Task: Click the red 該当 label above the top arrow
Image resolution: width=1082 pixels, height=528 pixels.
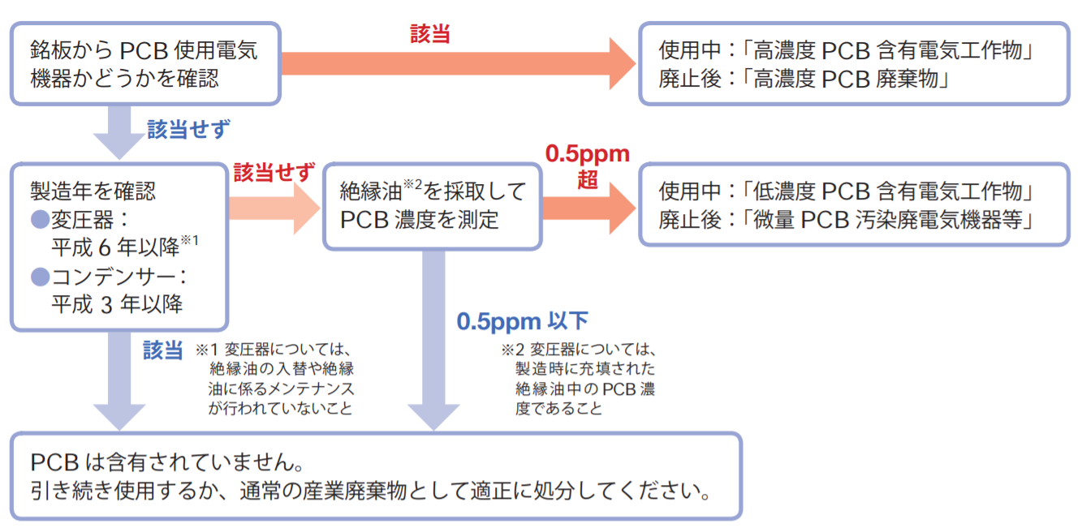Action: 430,33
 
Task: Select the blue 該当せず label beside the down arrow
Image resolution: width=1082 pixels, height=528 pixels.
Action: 189,130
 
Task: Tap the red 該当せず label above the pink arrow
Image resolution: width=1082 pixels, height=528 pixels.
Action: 274,173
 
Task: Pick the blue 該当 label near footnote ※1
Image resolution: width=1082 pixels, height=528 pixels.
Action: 162,350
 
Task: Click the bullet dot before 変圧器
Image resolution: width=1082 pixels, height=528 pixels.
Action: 41,220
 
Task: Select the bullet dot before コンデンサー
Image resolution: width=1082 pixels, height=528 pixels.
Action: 41,277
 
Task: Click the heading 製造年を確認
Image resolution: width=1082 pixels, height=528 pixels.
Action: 93,191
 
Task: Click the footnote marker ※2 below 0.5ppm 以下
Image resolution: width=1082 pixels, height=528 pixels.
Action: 511,351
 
